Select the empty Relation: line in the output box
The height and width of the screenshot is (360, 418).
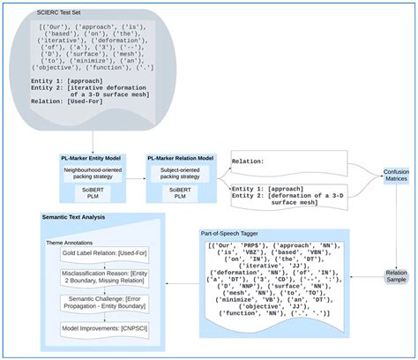[x=251, y=162]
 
